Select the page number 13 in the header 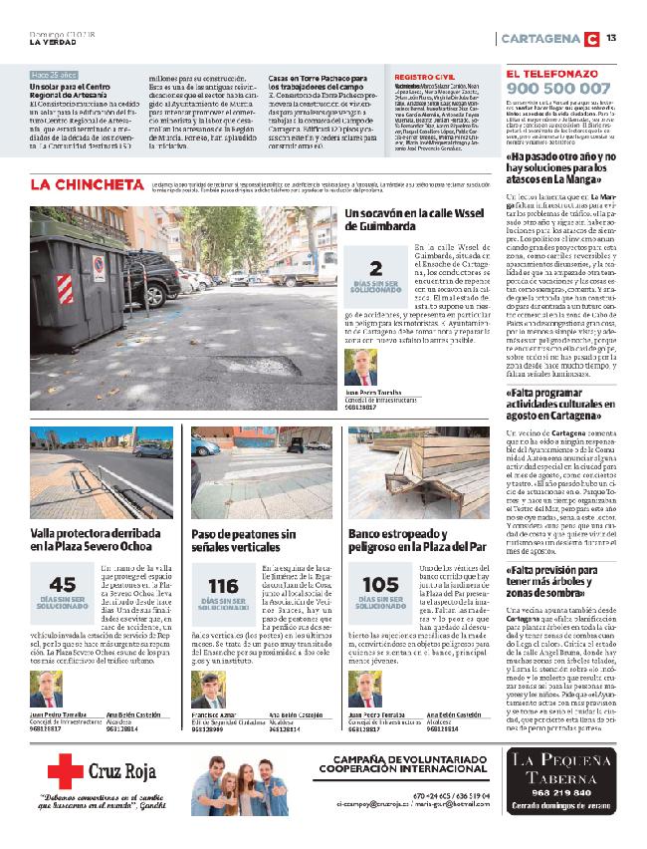pyautogui.click(x=611, y=38)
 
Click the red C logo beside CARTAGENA pyautogui.click(x=591, y=38)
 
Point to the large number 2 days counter pyautogui.click(x=375, y=268)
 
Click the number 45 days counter pyautogui.click(x=62, y=586)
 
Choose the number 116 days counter pyautogui.click(x=223, y=586)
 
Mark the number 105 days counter pyautogui.click(x=380, y=586)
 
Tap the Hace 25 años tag pyautogui.click(x=54, y=75)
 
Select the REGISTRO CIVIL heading pyautogui.click(x=424, y=76)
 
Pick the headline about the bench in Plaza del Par pyautogui.click(x=417, y=539)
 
